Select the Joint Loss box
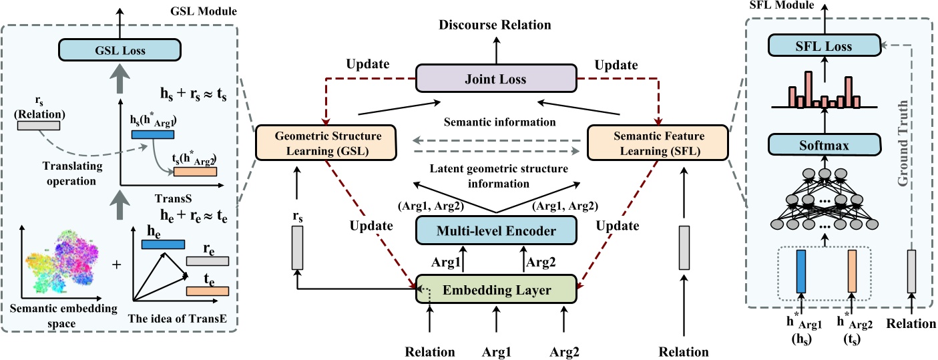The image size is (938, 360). point(495,79)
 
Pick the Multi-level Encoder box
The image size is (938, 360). point(495,231)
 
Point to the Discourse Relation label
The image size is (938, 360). point(495,25)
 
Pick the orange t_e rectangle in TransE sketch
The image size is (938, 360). point(208,291)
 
